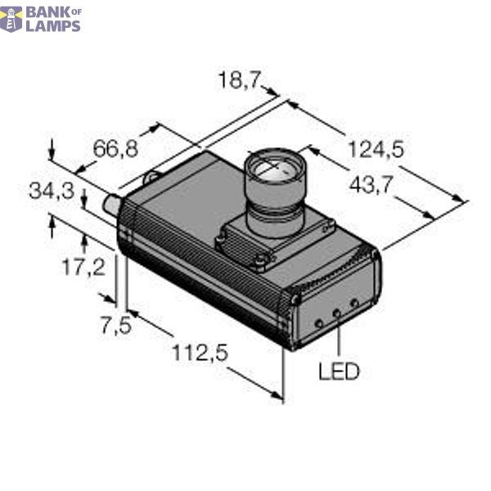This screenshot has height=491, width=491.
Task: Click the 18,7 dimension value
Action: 238,81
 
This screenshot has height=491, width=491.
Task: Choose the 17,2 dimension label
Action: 84,266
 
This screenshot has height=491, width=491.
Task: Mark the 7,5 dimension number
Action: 115,324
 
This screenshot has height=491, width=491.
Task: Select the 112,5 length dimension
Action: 199,354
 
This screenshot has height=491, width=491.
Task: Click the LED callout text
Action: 338,372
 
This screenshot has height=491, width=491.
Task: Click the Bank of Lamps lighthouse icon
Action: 11,18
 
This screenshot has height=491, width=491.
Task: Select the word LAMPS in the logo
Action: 53,25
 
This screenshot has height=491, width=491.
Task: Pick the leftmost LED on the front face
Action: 319,322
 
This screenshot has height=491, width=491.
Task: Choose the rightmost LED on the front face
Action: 354,304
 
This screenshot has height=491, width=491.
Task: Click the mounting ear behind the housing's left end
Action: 151,175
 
